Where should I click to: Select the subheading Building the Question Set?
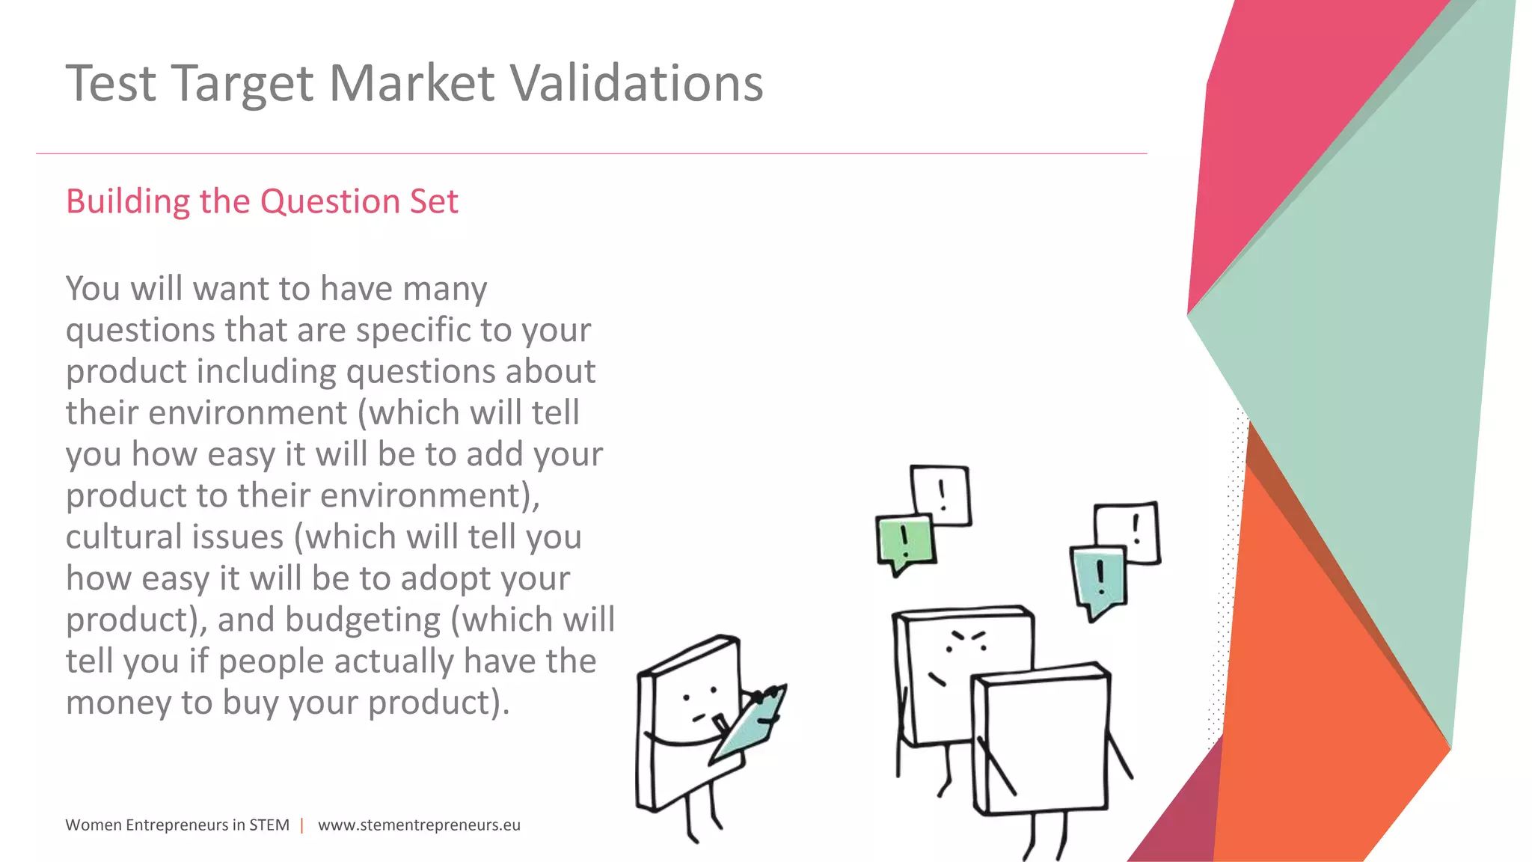[x=262, y=201]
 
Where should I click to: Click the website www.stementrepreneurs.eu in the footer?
[x=419, y=825]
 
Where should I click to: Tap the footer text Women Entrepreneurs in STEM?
[x=177, y=825]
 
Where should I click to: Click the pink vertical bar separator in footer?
[x=302, y=825]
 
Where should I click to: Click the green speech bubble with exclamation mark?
[x=906, y=541]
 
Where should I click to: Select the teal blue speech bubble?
[x=1099, y=578]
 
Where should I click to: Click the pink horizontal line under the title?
[x=591, y=153]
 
